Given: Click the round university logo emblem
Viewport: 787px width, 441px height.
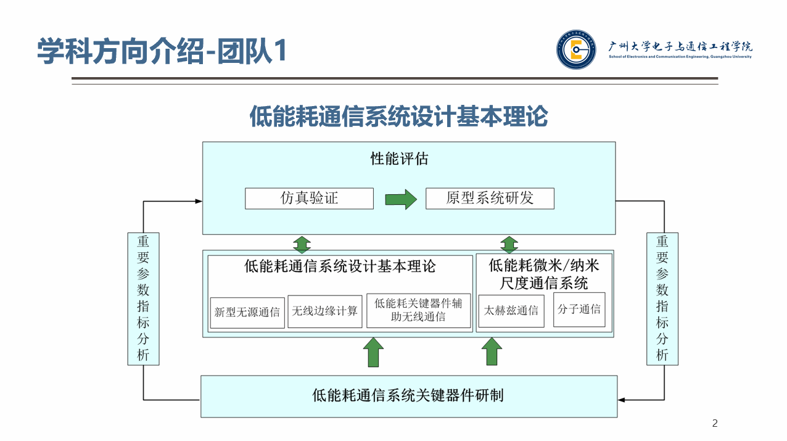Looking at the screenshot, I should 576,50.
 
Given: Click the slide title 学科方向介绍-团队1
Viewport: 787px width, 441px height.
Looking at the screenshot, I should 162,51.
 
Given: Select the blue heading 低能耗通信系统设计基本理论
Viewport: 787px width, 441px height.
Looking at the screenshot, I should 398,116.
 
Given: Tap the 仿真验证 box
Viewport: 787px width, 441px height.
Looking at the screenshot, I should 309,199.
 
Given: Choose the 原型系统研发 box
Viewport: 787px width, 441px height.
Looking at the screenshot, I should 490,199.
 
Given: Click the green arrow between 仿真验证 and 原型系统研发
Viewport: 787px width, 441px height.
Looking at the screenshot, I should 401,199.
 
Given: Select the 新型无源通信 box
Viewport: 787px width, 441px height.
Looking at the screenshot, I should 247,311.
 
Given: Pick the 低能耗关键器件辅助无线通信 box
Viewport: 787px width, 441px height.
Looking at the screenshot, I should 419,310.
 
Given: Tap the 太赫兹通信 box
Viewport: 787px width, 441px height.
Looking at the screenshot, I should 511,310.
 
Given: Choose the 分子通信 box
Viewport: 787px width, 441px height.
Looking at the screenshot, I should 579,309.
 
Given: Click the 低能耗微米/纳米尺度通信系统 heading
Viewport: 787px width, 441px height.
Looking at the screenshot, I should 544,274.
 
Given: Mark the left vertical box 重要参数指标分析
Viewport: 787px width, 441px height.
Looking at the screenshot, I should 143,299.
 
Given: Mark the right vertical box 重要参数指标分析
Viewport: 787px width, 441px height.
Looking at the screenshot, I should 662,299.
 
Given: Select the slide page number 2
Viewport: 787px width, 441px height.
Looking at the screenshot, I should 715,423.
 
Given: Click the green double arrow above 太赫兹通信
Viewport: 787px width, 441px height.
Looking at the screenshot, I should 509,244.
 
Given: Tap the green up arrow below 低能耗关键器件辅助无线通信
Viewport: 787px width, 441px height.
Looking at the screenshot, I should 373,352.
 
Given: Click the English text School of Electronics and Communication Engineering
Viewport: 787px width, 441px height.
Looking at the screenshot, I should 680,56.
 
